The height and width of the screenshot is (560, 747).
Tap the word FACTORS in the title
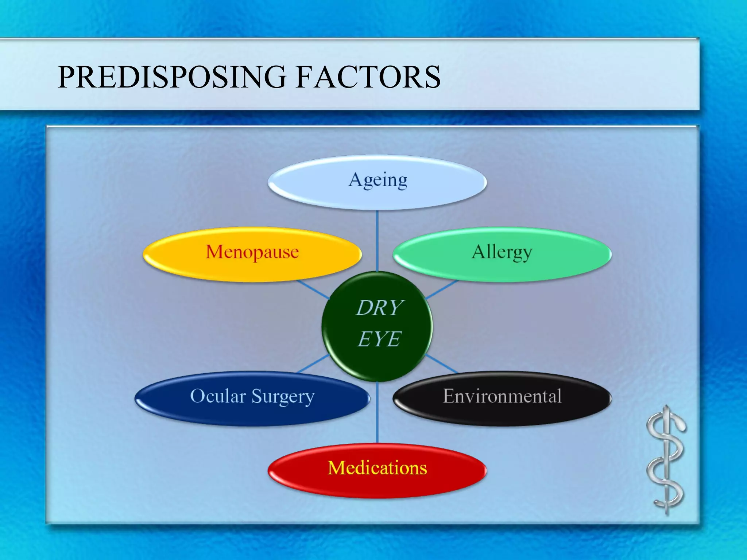coord(368,77)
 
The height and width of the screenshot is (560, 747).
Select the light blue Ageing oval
coord(377,182)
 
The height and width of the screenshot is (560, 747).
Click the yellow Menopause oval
coord(252,254)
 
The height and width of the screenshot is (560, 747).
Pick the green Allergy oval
coord(502,254)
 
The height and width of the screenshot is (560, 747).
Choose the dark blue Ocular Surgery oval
coord(252,398)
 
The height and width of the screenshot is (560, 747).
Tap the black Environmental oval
coord(502,398)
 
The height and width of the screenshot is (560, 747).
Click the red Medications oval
coord(377,470)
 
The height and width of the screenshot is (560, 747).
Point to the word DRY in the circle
coord(379,308)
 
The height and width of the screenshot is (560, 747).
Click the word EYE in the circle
coord(379,339)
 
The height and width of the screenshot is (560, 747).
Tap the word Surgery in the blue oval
coord(283,397)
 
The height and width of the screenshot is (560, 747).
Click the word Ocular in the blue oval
coord(218,396)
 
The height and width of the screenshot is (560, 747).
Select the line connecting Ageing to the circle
coord(377,241)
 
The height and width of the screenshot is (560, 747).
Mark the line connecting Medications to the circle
coord(377,412)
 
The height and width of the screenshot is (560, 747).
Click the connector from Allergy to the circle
coord(441,290)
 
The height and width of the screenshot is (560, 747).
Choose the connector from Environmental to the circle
coord(441,363)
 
